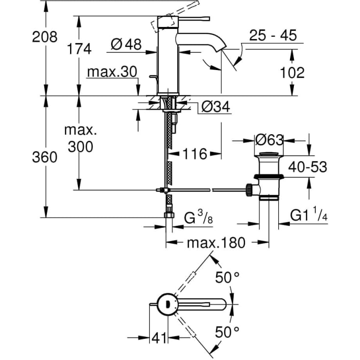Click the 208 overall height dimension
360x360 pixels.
click(45, 36)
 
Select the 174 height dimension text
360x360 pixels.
click(79, 48)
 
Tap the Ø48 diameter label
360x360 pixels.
click(126, 45)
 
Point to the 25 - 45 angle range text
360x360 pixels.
click(273, 36)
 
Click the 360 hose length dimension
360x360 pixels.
click(45, 157)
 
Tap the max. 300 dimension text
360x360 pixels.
click(80, 138)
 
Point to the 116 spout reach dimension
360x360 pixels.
click(195, 154)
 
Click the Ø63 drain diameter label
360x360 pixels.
click(269, 140)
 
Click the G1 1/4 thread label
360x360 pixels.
click(308, 216)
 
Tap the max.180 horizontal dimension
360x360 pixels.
click(216, 242)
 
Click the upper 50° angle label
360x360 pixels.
click(227, 278)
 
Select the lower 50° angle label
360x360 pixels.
click(227, 332)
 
